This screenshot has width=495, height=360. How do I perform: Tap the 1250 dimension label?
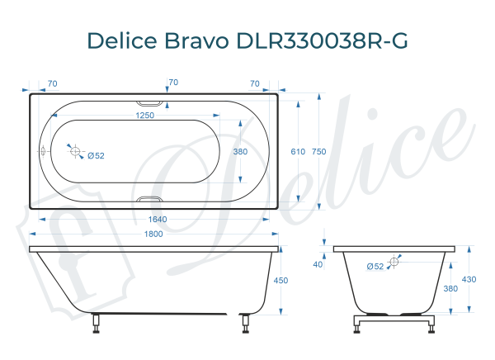point(145,116)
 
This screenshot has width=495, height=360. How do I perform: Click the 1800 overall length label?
point(153,234)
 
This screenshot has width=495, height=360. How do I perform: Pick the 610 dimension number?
point(299,152)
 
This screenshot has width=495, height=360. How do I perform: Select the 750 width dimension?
point(319,152)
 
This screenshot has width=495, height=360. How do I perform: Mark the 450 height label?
point(280,281)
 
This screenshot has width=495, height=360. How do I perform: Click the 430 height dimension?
point(469,280)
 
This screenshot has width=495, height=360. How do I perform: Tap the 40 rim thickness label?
point(318,264)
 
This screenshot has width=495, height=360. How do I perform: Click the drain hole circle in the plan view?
point(75,152)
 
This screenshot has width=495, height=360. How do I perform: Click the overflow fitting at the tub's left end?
point(44,152)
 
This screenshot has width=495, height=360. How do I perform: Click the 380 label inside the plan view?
point(240,152)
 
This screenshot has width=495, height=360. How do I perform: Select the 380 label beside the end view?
point(450,289)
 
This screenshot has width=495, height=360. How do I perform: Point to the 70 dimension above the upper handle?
point(173,83)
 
